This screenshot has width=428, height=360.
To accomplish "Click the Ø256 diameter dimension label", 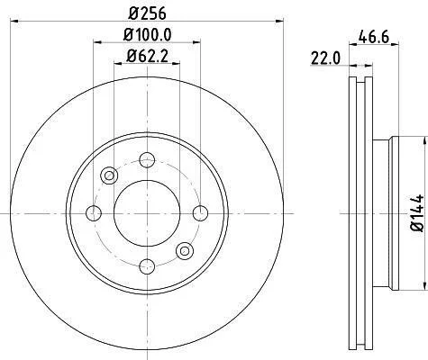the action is pos(147,13).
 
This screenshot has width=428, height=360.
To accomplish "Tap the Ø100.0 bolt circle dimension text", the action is pos(147,35).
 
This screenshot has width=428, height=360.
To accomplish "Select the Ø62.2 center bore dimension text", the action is pos(147,56).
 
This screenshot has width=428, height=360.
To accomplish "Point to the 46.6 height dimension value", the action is pos(374,37).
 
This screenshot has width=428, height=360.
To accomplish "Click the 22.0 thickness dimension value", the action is pos(325,58).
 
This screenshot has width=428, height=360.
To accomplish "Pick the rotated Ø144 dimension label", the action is pos(417,212).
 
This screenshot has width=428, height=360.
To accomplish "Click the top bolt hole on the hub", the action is pos(147,160).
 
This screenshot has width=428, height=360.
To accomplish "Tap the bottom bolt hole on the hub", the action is pos(147,266).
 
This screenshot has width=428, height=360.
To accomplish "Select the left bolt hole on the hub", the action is pos(94,213).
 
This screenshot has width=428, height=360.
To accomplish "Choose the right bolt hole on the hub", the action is pos(200,213).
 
